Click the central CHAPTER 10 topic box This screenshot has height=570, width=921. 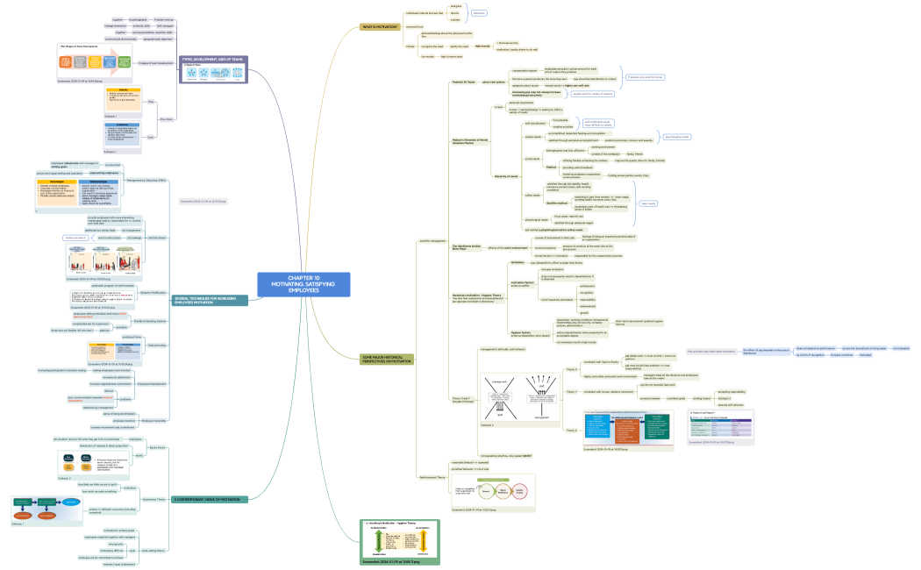[303, 284]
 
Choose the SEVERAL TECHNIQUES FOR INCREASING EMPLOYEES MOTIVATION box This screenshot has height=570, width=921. [211, 301]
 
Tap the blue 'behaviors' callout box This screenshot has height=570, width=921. [478, 13]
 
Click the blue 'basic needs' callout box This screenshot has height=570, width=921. [647, 203]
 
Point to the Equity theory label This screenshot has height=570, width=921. [158, 447]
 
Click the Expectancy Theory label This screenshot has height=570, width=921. [154, 499]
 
